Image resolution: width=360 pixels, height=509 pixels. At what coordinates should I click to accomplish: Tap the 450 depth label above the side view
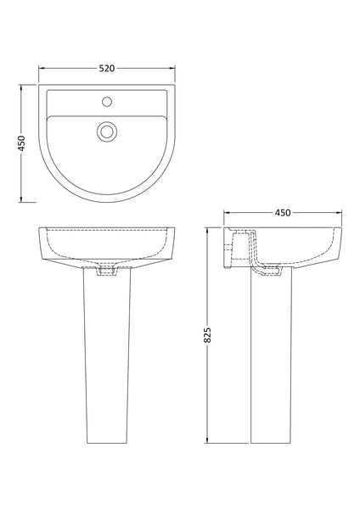pyautogui.click(x=284, y=212)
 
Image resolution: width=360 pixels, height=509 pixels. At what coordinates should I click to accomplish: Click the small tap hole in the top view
pyautogui.click(x=107, y=104)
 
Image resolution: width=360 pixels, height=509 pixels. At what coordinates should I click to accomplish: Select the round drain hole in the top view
pyautogui.click(x=107, y=131)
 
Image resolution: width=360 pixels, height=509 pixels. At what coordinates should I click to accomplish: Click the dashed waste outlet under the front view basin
pyautogui.click(x=107, y=271)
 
